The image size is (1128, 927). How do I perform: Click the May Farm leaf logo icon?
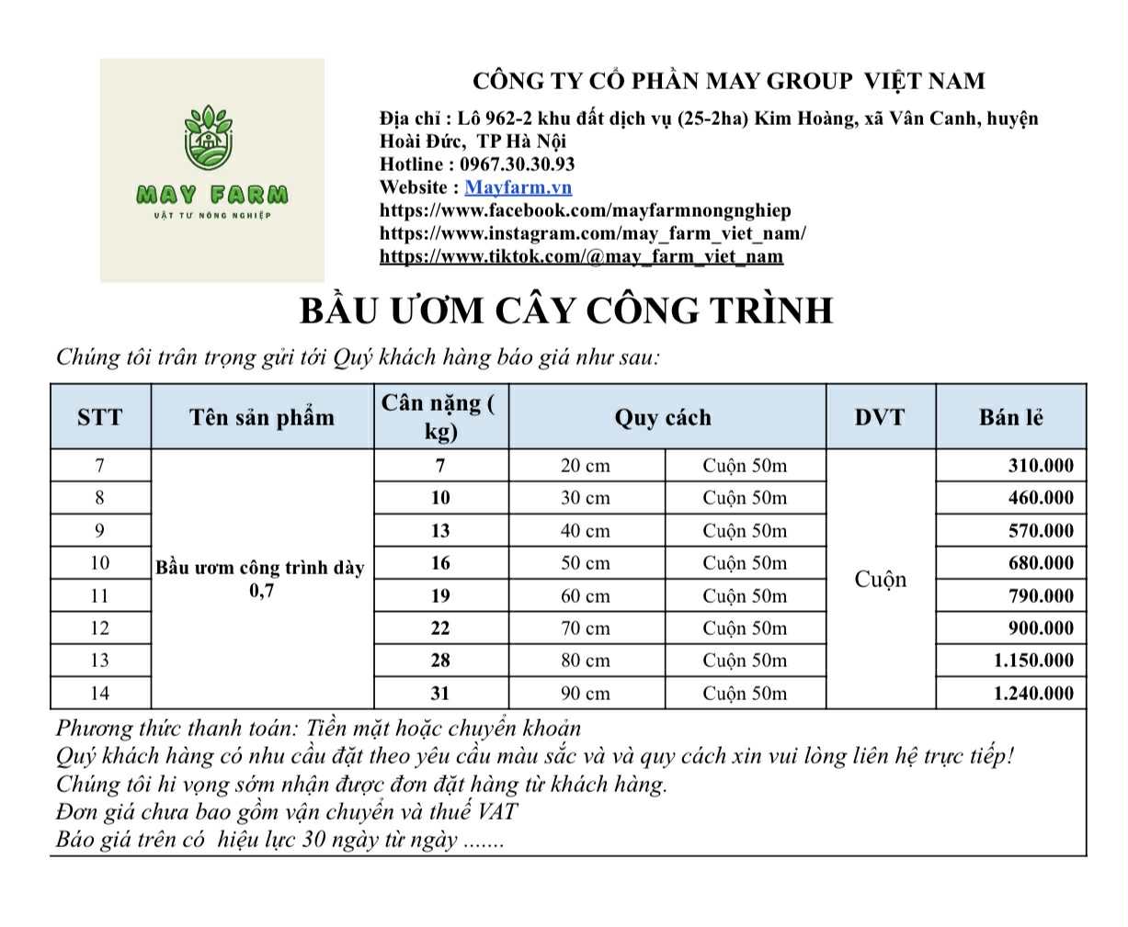(x=211, y=138)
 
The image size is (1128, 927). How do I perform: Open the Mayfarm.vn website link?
(x=518, y=187)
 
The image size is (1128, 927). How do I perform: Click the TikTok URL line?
(x=581, y=256)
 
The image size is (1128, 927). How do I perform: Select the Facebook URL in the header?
(x=585, y=210)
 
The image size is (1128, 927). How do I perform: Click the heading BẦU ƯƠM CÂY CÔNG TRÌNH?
(x=566, y=311)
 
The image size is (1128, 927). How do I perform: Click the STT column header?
(x=99, y=417)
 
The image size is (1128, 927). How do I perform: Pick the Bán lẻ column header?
(x=1010, y=417)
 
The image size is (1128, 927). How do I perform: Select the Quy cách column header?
(x=663, y=417)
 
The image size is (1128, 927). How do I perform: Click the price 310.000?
(x=1040, y=465)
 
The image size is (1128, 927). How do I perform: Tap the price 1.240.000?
(x=1032, y=693)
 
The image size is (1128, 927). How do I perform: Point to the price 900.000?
(x=1040, y=628)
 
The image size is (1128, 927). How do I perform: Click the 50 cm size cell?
(x=586, y=563)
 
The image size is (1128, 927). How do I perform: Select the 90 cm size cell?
(x=586, y=693)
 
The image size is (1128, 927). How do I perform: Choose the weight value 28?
(x=440, y=661)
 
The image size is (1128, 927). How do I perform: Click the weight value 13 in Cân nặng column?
(x=440, y=531)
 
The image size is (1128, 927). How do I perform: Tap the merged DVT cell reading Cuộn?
(x=880, y=579)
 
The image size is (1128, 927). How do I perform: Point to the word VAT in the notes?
(x=497, y=812)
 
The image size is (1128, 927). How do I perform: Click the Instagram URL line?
(x=592, y=233)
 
